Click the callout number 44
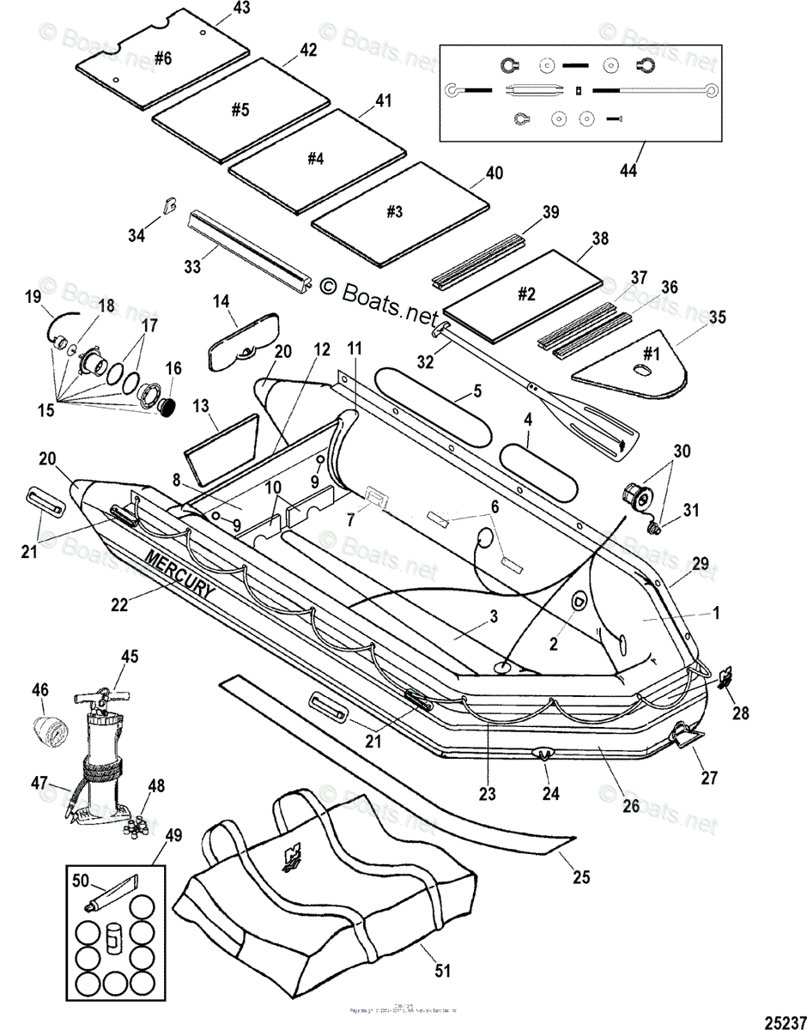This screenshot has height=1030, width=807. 629,170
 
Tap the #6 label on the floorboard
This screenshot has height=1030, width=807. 163,58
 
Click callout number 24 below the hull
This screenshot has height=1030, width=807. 550,794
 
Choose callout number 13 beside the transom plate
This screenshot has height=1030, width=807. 201,405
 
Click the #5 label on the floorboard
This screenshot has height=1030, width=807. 240,110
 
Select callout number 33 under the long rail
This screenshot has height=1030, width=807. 192,266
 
